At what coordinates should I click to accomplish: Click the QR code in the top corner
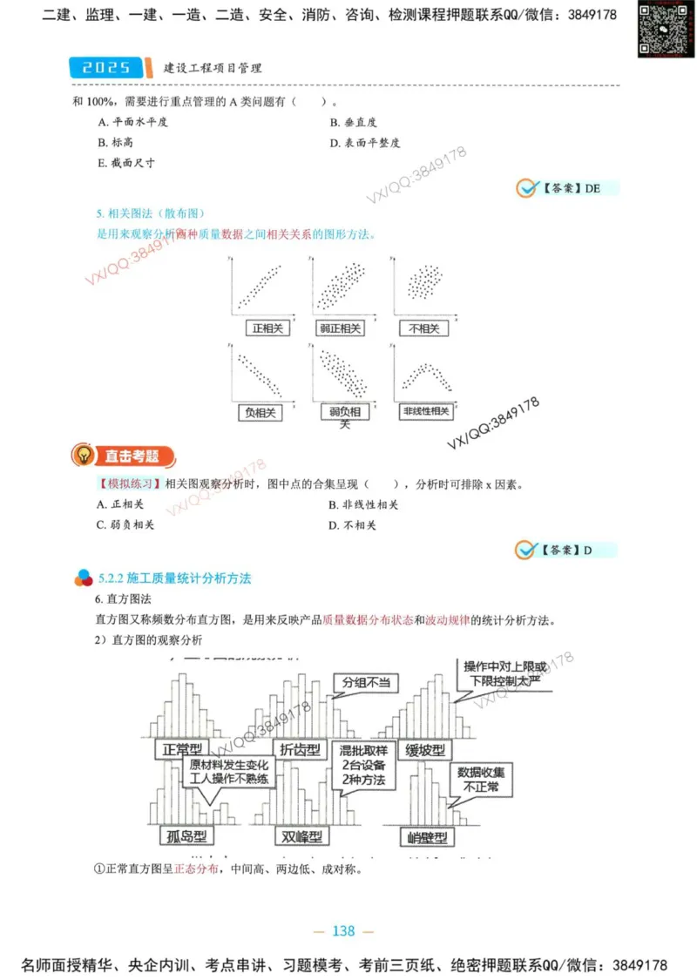tap(660, 30)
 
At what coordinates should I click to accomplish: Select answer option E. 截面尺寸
tap(126, 163)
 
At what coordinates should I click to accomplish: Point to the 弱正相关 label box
tap(341, 328)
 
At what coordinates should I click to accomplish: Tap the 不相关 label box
tap(423, 328)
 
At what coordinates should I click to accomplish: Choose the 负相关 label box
tap(261, 412)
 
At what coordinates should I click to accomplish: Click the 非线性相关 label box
tap(426, 411)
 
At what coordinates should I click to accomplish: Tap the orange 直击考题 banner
tap(125, 456)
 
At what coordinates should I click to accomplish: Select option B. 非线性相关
tap(363, 504)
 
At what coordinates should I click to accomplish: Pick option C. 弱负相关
tap(126, 525)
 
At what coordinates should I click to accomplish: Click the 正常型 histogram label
tap(182, 748)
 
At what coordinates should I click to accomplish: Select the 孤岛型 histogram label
tap(186, 837)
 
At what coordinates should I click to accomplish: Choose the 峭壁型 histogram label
tap(428, 838)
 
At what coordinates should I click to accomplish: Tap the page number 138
tap(344, 931)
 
